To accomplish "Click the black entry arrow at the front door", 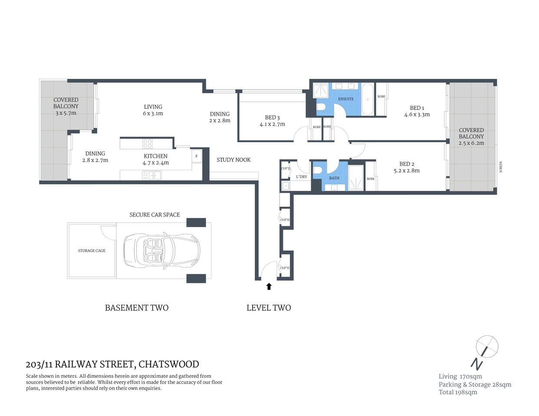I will click(269, 286).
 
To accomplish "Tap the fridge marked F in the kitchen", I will click(197, 156).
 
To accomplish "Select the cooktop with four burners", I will click(148, 144).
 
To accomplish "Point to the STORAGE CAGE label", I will click(92, 250).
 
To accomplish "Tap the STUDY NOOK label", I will click(233, 160).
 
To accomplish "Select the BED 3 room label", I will click(272, 117).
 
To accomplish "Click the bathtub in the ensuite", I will click(367, 99).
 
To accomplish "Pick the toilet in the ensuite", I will click(321, 107).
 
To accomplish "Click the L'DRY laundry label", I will click(301, 177).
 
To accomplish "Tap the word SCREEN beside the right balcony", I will click(500, 167).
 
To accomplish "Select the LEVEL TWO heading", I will click(269, 308).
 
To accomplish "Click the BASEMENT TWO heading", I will click(137, 308).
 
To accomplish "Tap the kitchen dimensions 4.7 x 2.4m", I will click(155, 163).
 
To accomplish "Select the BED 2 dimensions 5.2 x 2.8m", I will click(407, 171).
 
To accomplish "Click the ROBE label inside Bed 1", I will click(381, 97).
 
